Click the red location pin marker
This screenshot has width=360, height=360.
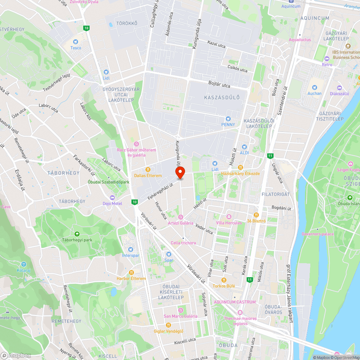point(180,172)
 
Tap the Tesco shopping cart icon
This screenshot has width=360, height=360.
point(76,42)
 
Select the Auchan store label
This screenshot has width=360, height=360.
point(314,93)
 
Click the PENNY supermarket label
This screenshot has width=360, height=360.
point(228,125)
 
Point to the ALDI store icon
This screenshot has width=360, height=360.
point(244,147)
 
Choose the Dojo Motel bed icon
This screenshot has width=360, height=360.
point(112,198)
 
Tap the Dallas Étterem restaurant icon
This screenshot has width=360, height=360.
point(148,170)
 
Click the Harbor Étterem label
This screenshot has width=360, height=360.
point(131,279)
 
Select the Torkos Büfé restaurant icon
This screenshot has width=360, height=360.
point(224,280)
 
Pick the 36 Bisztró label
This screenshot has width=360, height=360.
point(256,221)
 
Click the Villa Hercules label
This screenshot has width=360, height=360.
point(229,223)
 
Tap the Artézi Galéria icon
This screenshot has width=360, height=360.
point(181,217)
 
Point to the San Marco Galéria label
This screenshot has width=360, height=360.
point(180,316)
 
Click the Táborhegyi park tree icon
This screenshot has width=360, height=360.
point(76,234)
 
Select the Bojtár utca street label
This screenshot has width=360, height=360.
point(219,85)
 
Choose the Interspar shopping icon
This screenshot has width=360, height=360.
point(130,249)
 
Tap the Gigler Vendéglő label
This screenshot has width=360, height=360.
point(168,331)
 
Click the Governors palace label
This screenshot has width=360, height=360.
point(318,234)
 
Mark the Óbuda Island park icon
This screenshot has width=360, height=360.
point(350,197)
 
